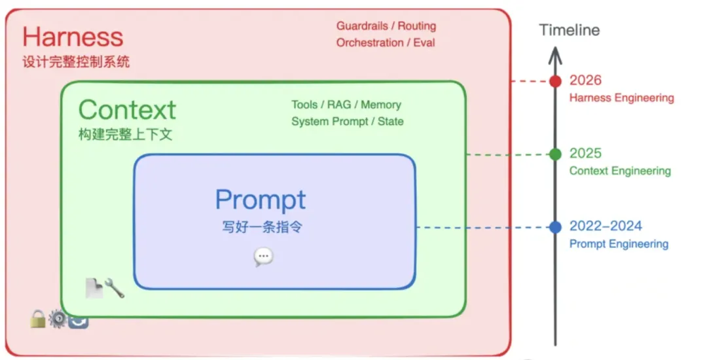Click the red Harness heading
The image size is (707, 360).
click(x=73, y=37)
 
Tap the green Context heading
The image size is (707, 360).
click(x=127, y=109)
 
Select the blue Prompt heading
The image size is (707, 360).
click(x=261, y=200)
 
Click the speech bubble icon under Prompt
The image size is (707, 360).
click(x=263, y=257)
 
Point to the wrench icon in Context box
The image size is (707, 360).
click(x=115, y=287)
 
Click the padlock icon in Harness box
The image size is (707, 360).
click(x=37, y=319)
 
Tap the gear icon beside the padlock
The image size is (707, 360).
click(x=58, y=319)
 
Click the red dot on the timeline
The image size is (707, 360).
click(x=555, y=81)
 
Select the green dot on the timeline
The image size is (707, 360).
click(x=555, y=154)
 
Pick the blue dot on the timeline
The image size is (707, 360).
click(x=555, y=227)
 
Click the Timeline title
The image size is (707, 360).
click(x=569, y=30)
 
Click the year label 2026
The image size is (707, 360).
click(x=585, y=81)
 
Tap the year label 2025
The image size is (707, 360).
click(x=585, y=153)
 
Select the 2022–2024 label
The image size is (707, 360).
click(x=606, y=226)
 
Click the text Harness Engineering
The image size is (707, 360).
click(x=621, y=98)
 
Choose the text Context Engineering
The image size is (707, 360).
click(x=620, y=171)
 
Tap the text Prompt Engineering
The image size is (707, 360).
click(x=619, y=244)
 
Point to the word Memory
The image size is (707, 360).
click(x=381, y=105)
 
